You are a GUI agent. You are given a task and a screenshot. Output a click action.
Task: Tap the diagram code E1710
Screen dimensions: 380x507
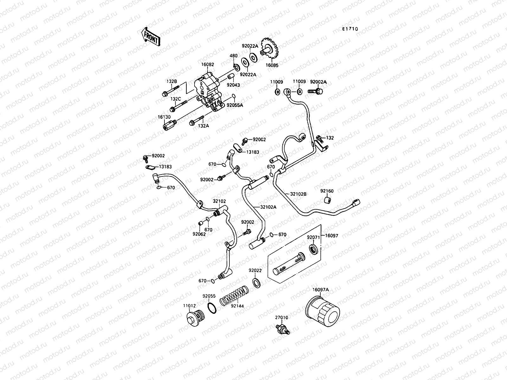click(350, 29)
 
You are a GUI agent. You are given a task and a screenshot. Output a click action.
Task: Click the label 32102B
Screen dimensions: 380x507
click(298, 194)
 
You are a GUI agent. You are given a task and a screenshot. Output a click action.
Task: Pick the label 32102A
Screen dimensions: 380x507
click(268, 207)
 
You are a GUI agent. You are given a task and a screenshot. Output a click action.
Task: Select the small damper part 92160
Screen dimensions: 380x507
click(327, 201)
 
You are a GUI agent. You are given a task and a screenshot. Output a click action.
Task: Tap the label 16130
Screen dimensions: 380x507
click(164, 117)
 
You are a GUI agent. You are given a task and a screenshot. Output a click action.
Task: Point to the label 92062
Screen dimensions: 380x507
click(199, 234)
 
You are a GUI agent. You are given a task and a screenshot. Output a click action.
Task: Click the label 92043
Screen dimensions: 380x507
click(233, 85)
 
